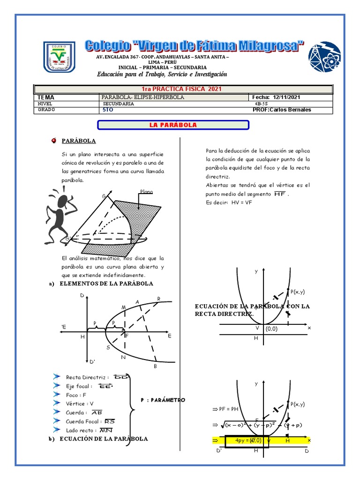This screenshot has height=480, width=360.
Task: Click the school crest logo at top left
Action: [58, 57]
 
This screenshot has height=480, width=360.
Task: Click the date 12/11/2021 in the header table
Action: [285, 97]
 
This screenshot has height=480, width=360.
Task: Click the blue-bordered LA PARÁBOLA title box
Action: [172, 125]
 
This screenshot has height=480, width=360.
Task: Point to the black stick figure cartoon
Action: [60, 210]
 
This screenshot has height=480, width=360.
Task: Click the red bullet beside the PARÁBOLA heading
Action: [54, 141]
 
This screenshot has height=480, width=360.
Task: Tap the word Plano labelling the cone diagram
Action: [146, 192]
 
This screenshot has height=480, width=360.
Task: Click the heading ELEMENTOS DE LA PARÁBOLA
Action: [106, 284]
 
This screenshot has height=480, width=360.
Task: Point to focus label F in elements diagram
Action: [127, 336]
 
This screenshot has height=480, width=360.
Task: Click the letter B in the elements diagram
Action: [155, 366]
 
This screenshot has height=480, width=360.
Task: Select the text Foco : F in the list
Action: [76, 395]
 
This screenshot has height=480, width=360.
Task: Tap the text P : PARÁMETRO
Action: [163, 400]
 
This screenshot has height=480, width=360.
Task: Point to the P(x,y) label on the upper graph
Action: [297, 292]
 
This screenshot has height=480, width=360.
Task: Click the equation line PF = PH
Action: [229, 409]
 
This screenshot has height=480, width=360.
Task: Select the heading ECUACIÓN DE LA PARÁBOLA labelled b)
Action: [104, 439]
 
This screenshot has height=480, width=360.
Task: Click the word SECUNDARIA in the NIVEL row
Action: [118, 104]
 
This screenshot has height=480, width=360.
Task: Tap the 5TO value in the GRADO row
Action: [107, 110]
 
